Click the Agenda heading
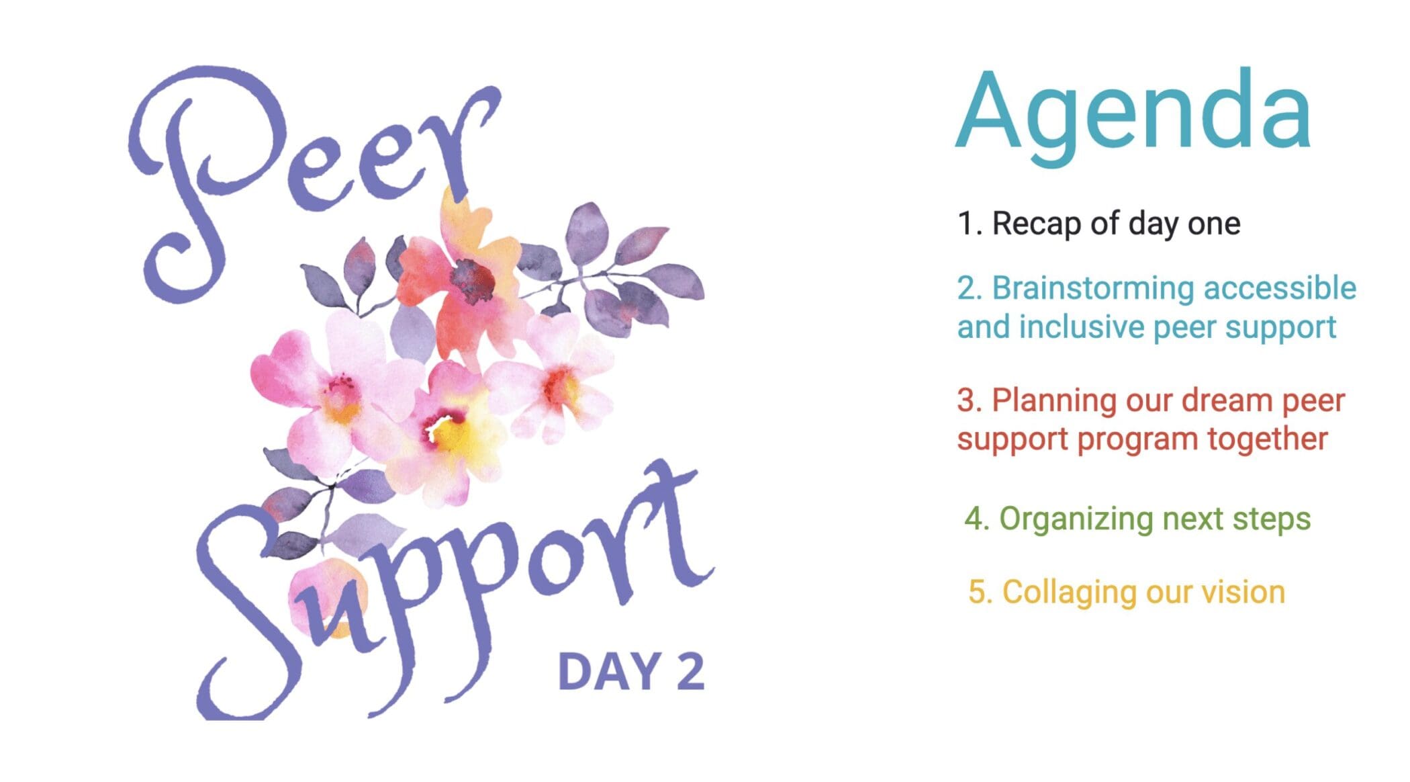(1133, 114)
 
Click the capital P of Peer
(201, 175)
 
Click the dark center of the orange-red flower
(472, 281)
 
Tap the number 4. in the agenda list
(978, 519)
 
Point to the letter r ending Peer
(463, 141)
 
